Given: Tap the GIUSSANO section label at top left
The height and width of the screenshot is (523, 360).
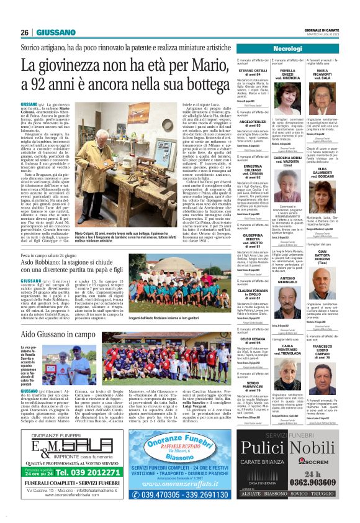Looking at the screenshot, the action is (56, 32).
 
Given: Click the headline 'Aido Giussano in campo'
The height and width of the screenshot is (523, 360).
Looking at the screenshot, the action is (63, 334).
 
